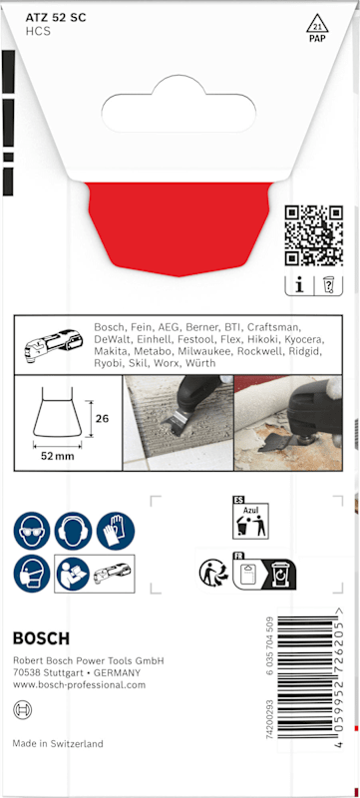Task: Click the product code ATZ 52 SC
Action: click(56, 18)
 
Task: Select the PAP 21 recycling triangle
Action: click(318, 28)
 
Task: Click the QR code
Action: click(314, 235)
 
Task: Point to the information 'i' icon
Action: click(299, 286)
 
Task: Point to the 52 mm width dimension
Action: click(58, 456)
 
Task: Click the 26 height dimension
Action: click(102, 419)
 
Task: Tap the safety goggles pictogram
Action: click(32, 531)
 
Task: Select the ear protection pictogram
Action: click(73, 531)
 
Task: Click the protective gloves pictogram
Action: click(116, 531)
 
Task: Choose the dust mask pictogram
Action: click(32, 574)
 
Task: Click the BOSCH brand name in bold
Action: click(41, 638)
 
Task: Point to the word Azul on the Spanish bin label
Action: click(250, 509)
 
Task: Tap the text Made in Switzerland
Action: click(58, 743)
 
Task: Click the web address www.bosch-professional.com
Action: click(80, 685)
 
